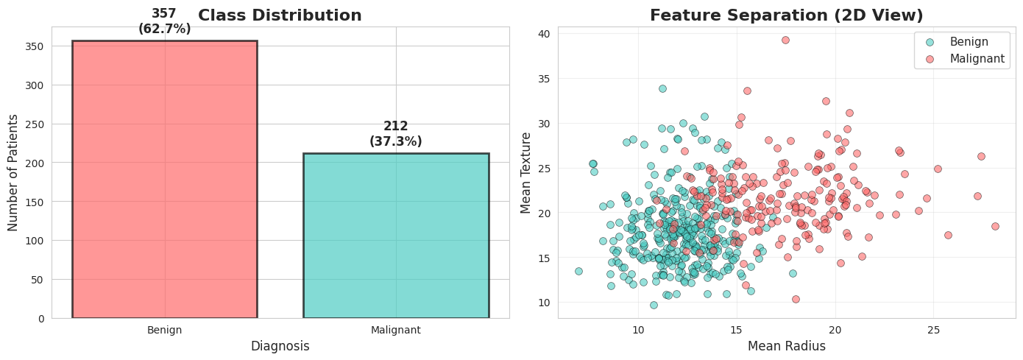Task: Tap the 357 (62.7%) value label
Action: (164, 21)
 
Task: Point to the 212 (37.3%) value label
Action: (396, 134)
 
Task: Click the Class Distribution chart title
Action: (280, 15)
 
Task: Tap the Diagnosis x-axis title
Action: (280, 346)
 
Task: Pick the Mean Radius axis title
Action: (786, 346)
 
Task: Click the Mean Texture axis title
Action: (525, 172)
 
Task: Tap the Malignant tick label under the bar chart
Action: (396, 330)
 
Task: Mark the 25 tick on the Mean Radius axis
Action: (932, 330)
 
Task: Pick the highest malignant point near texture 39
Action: (785, 40)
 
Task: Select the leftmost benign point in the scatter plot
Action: (578, 271)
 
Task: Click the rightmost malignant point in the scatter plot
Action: (995, 226)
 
